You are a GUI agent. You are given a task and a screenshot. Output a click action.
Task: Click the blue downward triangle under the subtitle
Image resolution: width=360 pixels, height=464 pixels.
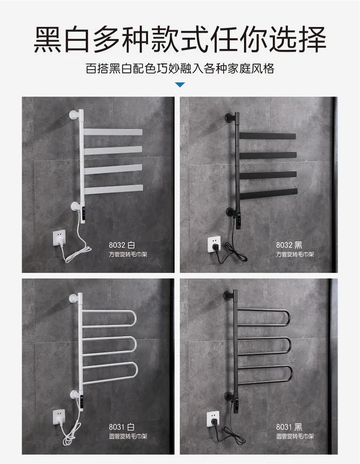point(180,85)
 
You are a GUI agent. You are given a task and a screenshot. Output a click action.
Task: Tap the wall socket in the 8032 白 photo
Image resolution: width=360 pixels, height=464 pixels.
point(59,237)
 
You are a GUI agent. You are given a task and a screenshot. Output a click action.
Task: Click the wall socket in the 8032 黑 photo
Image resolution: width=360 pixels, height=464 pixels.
point(214,244)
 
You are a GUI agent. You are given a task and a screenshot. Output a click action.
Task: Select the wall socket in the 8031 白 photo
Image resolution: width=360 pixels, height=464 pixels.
point(59,417)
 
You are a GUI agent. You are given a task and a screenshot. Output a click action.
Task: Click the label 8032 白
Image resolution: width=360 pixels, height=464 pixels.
point(122,245)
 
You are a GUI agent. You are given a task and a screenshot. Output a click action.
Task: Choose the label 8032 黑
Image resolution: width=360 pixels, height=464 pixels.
point(289,245)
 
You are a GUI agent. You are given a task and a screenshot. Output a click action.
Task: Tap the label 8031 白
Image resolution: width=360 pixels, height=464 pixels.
point(122,427)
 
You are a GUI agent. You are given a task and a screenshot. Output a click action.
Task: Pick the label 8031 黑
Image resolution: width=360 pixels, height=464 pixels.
point(289,427)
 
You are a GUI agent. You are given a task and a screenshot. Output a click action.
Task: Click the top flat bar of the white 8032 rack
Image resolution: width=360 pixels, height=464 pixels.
point(113,132)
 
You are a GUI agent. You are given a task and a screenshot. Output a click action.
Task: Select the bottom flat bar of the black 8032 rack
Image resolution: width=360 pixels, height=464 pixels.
point(269,194)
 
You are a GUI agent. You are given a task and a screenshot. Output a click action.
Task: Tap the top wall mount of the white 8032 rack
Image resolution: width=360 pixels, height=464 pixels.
point(74,114)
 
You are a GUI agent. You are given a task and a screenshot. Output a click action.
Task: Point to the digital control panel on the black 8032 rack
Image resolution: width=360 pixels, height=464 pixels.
point(238,221)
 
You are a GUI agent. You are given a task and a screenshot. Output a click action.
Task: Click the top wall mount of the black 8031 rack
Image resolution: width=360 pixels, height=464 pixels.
point(229,296)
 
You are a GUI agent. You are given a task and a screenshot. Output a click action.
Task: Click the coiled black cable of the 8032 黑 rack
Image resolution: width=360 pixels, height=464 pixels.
point(234,252)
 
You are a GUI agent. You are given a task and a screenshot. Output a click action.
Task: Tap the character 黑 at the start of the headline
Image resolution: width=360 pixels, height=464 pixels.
point(48,40)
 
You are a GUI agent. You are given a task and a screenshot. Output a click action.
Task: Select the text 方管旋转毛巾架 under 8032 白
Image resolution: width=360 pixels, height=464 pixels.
point(128,254)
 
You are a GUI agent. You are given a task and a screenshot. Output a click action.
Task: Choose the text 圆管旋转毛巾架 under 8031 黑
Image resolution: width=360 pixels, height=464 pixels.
point(295,436)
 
